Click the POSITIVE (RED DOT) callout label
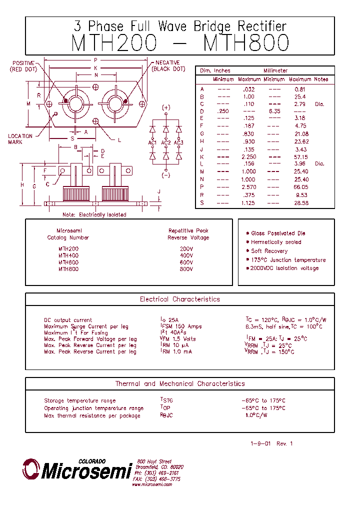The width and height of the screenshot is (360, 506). [x=23, y=66]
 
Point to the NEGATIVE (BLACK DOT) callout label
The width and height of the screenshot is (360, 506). [x=168, y=66]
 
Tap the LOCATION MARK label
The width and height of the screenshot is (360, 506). [x=20, y=139]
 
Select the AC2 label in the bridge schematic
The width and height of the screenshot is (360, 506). [x=166, y=143]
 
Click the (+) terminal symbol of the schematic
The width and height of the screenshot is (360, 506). [x=166, y=107]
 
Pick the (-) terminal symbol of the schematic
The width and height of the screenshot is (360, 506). [x=166, y=175]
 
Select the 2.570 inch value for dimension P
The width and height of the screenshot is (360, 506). [x=248, y=186]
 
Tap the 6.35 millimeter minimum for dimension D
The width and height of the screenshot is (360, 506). [x=274, y=111]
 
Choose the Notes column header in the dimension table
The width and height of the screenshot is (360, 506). [x=321, y=79]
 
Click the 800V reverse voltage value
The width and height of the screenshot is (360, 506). [x=186, y=269]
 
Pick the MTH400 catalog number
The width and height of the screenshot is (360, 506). [x=68, y=255]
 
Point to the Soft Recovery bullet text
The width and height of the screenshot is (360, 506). [x=269, y=251]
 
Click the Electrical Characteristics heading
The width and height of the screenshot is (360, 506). [x=179, y=299]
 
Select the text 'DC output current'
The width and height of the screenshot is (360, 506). [x=68, y=320]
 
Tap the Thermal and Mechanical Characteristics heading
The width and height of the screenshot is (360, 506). [x=180, y=384]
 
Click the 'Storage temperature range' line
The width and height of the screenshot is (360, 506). [x=80, y=400]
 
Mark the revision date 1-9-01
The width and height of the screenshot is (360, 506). [x=260, y=444]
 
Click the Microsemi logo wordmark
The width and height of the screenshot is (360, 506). [x=85, y=471]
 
